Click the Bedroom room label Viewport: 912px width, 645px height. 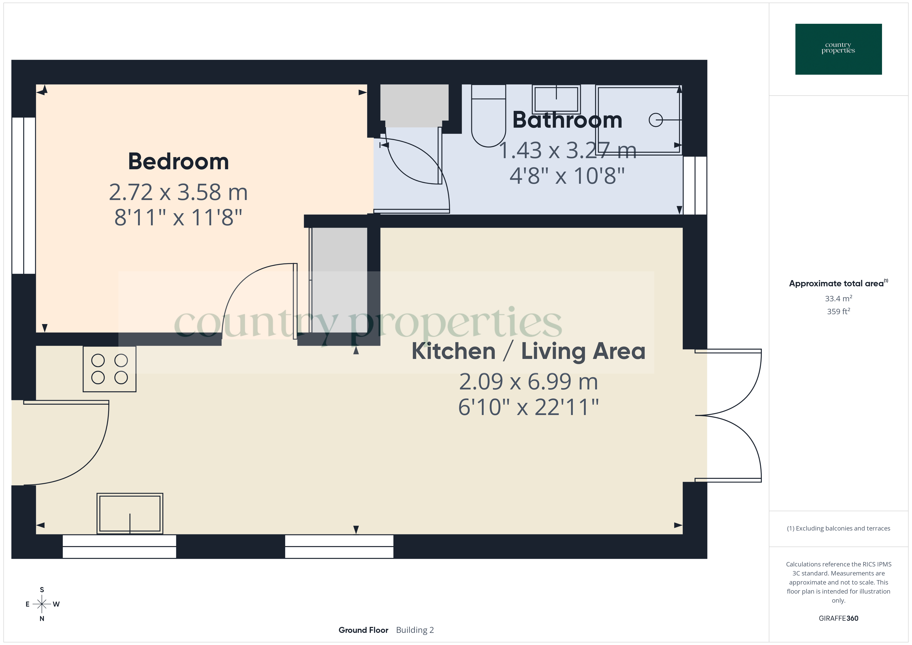click(x=178, y=162)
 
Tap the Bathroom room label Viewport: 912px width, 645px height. click(x=567, y=120)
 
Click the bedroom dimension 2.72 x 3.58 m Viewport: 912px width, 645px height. click(x=178, y=192)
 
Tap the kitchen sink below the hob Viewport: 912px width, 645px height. click(x=130, y=513)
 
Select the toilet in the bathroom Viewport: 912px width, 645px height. click(x=488, y=119)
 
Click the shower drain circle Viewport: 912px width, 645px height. click(x=655, y=120)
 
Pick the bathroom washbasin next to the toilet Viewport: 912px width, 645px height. click(x=556, y=99)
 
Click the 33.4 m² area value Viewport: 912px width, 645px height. click(x=838, y=298)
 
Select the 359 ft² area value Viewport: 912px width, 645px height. click(x=838, y=311)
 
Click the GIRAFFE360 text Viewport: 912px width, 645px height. click(x=838, y=618)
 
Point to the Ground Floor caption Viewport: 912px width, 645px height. click(x=363, y=630)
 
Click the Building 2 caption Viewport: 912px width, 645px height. click(x=415, y=630)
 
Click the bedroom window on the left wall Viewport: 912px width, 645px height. click(x=24, y=195)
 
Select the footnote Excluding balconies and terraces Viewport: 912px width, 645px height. click(x=838, y=528)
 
